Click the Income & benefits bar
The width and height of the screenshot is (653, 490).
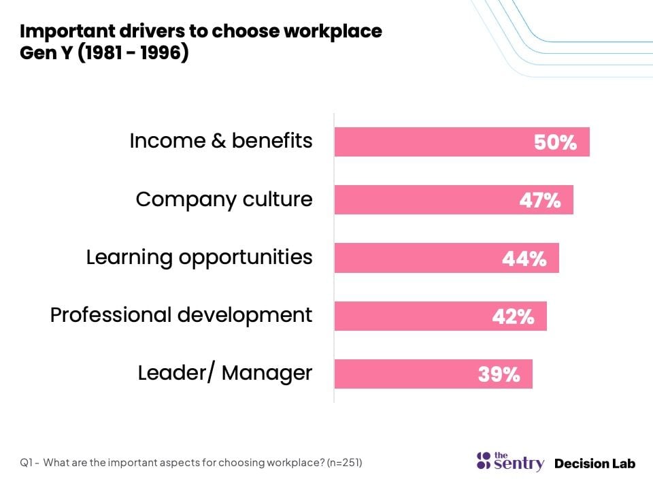coord(435,142)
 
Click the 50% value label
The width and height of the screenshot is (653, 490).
coord(555,143)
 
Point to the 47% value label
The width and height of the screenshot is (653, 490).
coord(539,201)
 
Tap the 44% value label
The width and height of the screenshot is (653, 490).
coord(524,259)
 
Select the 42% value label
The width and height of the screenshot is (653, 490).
coord(513,316)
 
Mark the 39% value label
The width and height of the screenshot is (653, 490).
coord(499,374)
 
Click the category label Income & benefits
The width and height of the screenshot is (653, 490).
coord(221,141)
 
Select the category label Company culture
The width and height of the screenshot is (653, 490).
coord(224,199)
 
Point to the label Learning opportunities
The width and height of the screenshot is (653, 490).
coord(199,257)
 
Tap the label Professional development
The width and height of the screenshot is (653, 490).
coord(182,315)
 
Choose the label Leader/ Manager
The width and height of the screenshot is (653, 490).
coord(225,373)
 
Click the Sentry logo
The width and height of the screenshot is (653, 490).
coord(510,461)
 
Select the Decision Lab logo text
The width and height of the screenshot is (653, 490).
coord(595,463)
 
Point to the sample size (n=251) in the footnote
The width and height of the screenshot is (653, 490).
coord(344,463)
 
